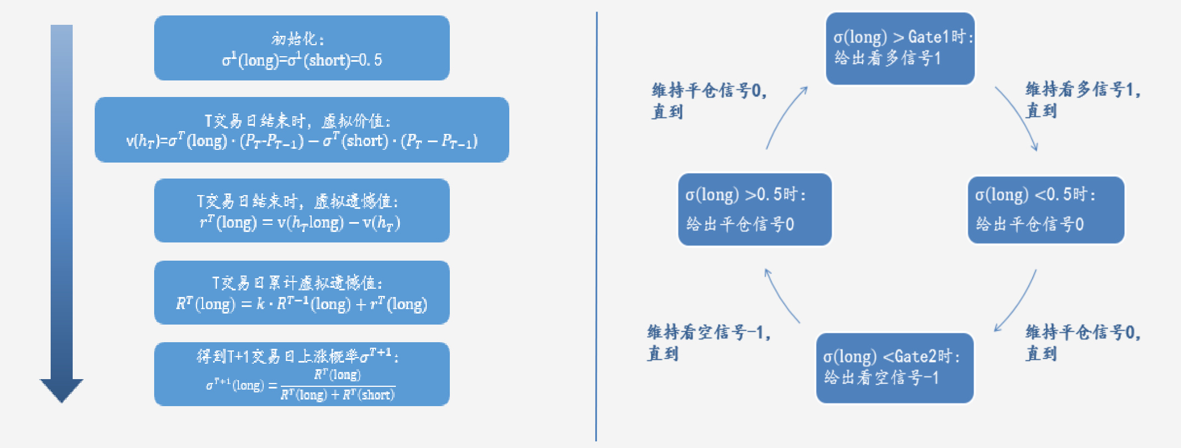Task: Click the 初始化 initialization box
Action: (x=302, y=48)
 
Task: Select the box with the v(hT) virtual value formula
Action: (x=302, y=129)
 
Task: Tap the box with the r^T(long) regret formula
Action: (x=302, y=210)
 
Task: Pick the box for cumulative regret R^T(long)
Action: (x=302, y=292)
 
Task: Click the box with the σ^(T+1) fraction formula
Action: (x=302, y=374)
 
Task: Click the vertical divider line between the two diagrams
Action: (x=596, y=226)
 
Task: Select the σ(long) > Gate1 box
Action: (x=900, y=48)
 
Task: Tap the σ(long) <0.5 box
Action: (x=1046, y=209)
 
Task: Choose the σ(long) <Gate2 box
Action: (x=895, y=368)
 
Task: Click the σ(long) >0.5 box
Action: (x=755, y=209)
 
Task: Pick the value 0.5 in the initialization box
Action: (x=370, y=60)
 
